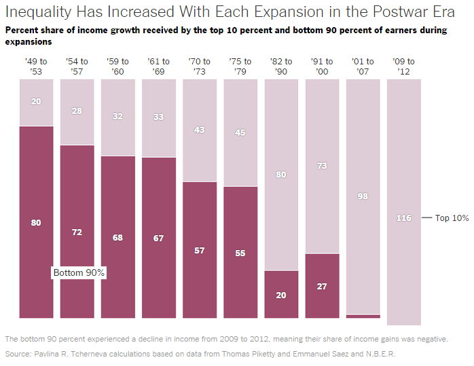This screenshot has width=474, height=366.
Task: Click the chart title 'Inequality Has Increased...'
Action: (x=230, y=12)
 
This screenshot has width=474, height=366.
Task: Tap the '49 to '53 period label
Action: (x=36, y=66)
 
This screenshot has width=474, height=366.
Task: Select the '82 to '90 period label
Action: (x=281, y=66)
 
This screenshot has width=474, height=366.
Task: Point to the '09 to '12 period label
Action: (x=403, y=66)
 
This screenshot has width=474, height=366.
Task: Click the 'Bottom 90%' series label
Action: (x=79, y=272)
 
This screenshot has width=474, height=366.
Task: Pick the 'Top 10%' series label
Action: (x=452, y=218)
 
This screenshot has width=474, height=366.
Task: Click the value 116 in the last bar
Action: (x=404, y=218)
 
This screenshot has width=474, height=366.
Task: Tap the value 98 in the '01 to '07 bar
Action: (x=363, y=196)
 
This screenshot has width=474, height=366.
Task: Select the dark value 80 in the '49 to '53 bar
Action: (x=36, y=223)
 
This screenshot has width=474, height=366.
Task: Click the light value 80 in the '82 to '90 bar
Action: (x=281, y=174)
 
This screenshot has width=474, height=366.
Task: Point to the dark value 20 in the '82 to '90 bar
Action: (x=281, y=295)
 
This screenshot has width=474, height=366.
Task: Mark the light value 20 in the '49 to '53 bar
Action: (x=36, y=102)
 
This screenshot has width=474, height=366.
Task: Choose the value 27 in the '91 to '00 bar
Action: (x=322, y=286)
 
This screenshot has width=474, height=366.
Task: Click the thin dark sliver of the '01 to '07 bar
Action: (x=363, y=317)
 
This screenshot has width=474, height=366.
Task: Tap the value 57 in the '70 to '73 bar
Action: (x=200, y=250)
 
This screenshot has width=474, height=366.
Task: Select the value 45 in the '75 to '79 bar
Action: (x=240, y=132)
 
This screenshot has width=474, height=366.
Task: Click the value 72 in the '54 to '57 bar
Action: (x=77, y=232)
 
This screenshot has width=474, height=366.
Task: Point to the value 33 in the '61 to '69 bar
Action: (x=158, y=117)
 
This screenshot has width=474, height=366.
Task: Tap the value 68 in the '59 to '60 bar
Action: (x=117, y=237)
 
